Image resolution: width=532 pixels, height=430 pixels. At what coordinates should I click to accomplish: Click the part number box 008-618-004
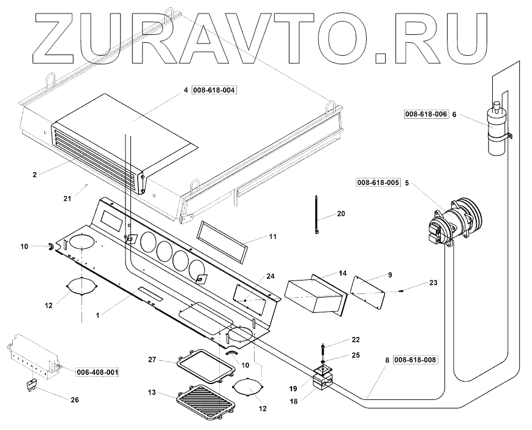[214, 90]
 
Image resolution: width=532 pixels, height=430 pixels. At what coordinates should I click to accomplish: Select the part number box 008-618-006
[425, 114]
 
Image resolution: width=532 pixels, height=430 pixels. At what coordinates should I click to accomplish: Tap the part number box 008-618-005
[378, 183]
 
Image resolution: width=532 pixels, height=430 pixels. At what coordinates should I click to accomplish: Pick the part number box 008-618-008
[415, 360]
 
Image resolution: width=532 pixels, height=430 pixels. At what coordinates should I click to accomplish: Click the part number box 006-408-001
[97, 372]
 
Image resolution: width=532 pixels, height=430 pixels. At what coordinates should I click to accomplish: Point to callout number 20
[341, 214]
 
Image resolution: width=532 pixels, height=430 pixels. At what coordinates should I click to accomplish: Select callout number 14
[342, 272]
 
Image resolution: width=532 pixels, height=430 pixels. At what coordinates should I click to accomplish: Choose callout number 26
[75, 401]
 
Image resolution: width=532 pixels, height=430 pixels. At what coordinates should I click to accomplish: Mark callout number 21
[67, 198]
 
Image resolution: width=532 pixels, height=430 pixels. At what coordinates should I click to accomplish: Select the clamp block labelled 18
[322, 383]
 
